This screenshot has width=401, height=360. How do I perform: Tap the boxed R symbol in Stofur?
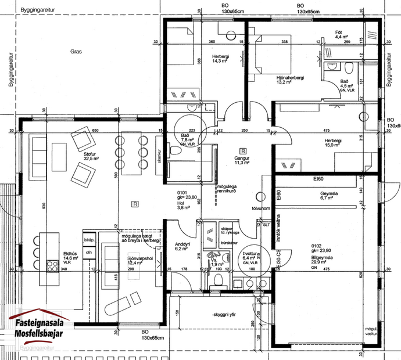point(135,204)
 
